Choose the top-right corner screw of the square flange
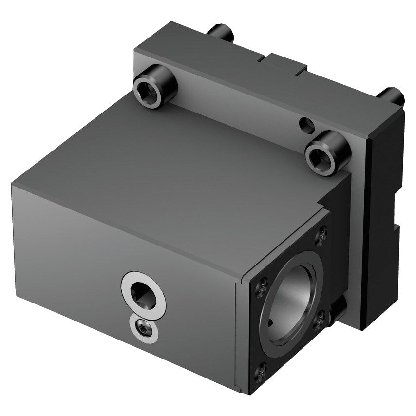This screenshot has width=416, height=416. pyautogui.click(x=321, y=236)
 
